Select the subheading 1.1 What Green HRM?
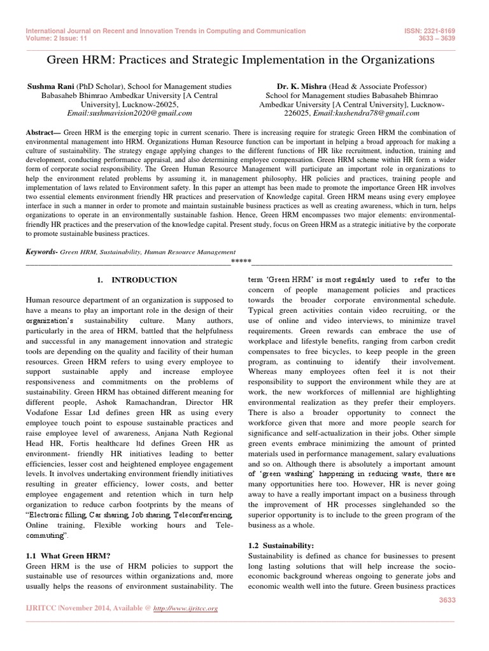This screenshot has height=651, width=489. tap(62, 556)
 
